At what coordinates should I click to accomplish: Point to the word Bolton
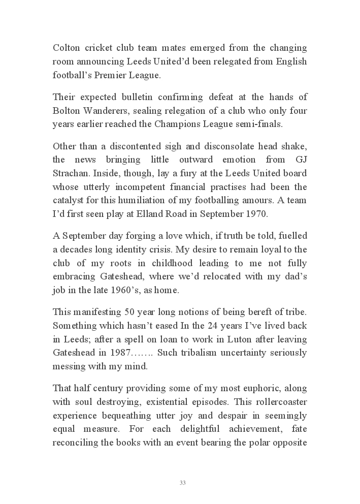(67, 111)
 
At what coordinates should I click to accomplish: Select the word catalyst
(68, 200)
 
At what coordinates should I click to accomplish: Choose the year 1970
(255, 213)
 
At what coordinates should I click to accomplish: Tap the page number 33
(182, 483)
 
